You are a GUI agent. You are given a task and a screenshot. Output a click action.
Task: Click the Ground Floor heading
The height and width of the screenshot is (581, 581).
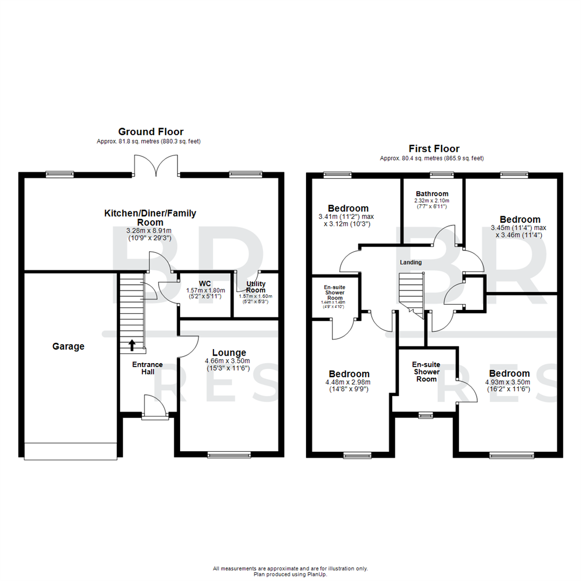pos(151,131)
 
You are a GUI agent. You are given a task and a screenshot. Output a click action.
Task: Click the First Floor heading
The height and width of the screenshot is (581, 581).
pos(434,148)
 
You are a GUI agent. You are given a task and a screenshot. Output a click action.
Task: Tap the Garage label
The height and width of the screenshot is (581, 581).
pos(68,346)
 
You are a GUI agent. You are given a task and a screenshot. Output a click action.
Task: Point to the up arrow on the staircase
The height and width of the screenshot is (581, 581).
pos(132,344)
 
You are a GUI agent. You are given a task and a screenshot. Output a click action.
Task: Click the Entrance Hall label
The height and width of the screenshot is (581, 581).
pos(148,369)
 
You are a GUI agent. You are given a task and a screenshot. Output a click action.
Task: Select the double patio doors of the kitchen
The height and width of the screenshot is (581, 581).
pos(155,166)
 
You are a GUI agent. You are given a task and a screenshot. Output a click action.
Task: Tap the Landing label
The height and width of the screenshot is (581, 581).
pos(410,262)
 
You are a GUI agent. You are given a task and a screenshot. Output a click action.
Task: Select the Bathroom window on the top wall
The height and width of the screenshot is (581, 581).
pos(442,174)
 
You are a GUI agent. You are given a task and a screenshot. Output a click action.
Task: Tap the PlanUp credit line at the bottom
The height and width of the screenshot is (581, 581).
pos(290,575)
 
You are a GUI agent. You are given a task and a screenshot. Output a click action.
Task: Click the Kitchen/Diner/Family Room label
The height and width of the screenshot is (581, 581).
pos(150,217)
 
